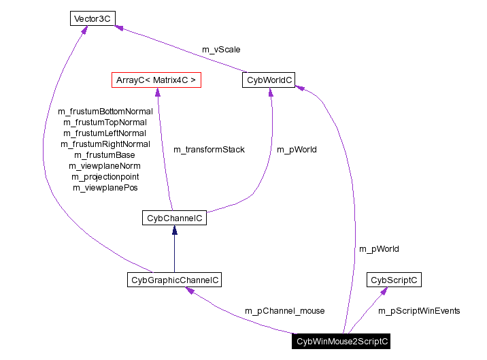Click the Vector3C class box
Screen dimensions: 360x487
point(90,18)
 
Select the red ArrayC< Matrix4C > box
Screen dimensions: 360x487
point(156,80)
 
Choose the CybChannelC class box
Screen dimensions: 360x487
point(173,218)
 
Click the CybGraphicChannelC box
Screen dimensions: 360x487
point(175,280)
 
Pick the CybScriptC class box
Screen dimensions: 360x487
point(394,280)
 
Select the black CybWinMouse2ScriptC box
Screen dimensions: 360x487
point(342,342)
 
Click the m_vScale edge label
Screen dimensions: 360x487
point(221,50)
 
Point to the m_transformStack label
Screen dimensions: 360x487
point(209,149)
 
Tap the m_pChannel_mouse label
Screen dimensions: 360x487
point(284,310)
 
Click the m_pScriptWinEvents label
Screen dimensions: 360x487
point(419,310)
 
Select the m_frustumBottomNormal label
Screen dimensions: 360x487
point(105,111)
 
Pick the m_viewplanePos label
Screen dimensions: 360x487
point(105,187)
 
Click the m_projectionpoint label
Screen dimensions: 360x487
point(105,176)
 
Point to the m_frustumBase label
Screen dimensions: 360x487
point(105,154)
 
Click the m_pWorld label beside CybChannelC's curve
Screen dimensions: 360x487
point(296,149)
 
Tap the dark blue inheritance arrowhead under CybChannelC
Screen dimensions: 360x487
point(174,231)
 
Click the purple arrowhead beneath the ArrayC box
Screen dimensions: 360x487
point(157,93)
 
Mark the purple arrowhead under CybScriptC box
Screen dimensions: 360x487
point(384,291)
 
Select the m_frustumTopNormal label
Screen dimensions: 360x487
point(105,122)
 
